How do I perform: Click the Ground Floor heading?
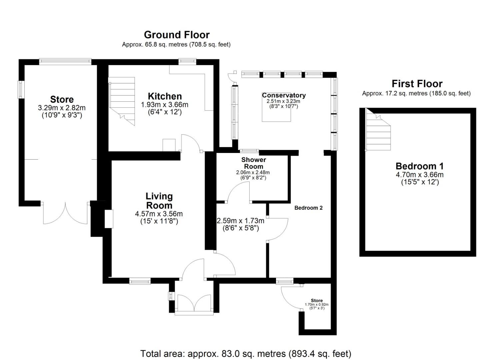[177, 35]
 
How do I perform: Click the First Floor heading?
[417, 84]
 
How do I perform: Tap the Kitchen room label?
[165, 96]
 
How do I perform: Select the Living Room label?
[159, 201]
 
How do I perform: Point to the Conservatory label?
[284, 95]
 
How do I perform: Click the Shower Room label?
[254, 163]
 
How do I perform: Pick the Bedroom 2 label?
[308, 208]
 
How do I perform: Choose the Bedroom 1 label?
[419, 166]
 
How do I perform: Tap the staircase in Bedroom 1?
[378, 132]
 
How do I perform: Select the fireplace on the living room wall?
[109, 219]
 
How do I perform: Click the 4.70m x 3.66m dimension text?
[419, 175]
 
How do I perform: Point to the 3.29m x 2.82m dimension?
[62, 108]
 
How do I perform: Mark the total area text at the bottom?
[246, 353]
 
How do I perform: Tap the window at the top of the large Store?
[65, 61]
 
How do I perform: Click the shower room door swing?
[238, 193]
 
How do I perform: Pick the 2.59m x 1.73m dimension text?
[241, 221]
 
